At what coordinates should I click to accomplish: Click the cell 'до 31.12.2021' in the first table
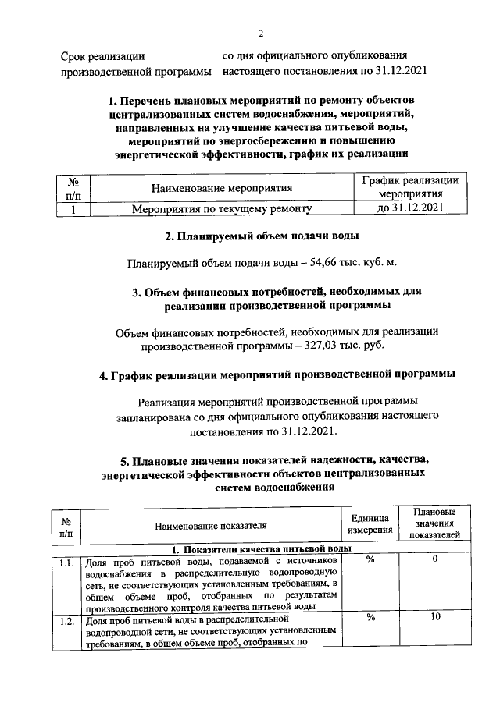click(x=410, y=208)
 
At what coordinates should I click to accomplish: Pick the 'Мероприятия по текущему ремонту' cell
click(x=222, y=208)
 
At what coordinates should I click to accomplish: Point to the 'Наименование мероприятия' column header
click(x=222, y=188)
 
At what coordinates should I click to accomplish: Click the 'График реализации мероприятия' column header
click(x=410, y=187)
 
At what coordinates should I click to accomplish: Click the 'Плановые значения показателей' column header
click(x=435, y=523)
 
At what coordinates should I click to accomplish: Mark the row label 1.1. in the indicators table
click(x=66, y=562)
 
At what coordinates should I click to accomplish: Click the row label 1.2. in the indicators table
click(x=66, y=621)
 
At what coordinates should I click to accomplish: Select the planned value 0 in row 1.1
click(x=435, y=560)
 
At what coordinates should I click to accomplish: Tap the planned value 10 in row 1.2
click(x=435, y=618)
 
